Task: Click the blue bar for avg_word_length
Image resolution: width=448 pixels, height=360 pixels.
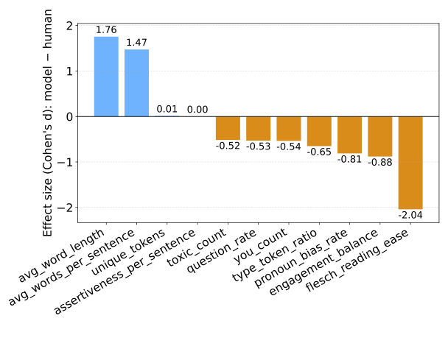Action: pos(106,77)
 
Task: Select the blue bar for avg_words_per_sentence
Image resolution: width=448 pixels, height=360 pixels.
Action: pos(136,83)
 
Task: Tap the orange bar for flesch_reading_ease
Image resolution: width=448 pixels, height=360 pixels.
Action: pos(410,163)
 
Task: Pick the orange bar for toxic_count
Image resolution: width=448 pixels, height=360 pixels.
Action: pos(228,128)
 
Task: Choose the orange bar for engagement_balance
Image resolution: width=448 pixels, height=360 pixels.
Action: pos(379,136)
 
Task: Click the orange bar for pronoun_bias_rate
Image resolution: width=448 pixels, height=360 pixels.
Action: pos(349,135)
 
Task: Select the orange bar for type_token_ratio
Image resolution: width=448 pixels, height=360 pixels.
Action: pos(319,131)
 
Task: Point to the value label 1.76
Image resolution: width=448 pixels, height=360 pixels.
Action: pos(106,30)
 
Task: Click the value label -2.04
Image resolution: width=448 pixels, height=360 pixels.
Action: pos(410,215)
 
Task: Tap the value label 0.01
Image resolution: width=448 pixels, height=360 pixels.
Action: pos(167,110)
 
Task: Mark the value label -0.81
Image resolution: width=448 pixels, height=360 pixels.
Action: pos(349,158)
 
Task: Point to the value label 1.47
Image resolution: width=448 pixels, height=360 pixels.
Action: pos(136,43)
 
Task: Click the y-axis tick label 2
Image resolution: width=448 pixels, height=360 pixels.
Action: pos(69,26)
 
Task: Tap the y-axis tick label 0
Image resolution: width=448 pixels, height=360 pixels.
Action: pos(69,116)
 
